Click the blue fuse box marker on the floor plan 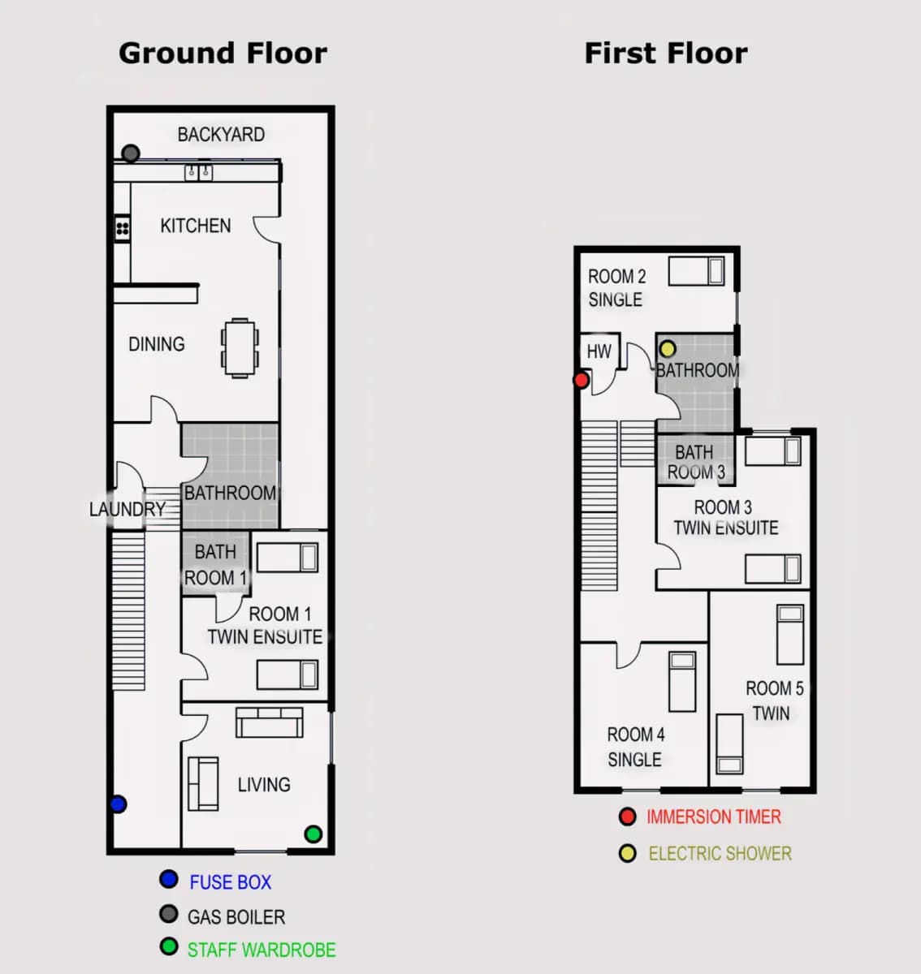[118, 804]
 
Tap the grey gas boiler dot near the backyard [131, 153]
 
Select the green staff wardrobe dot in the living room [313, 834]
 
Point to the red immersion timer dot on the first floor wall [582, 380]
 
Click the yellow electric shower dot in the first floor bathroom [667, 349]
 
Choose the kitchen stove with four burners [123, 229]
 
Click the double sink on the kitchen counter [198, 173]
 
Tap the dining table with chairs [240, 348]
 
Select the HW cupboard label [599, 351]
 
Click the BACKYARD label [221, 135]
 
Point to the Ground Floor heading [223, 53]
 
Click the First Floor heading [666, 53]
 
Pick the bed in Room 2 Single [697, 271]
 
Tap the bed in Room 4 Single [682, 681]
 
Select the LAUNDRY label [128, 509]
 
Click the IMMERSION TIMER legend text [713, 817]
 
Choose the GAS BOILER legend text [236, 916]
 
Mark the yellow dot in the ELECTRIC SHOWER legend [628, 853]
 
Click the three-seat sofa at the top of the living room [269, 722]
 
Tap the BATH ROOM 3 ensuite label [696, 462]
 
